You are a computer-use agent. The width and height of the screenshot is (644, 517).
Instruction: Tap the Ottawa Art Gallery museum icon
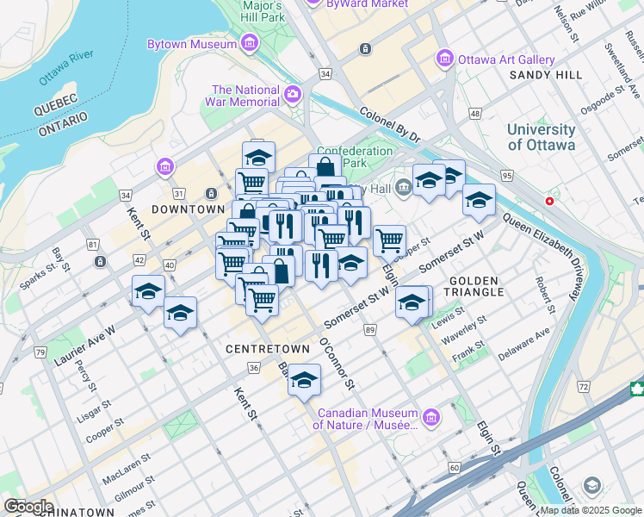click(x=444, y=59)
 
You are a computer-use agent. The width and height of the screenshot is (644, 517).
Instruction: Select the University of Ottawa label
click(x=541, y=137)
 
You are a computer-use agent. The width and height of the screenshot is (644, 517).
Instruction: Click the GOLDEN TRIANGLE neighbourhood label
click(x=474, y=287)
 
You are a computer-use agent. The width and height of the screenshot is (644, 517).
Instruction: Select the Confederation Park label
click(x=355, y=157)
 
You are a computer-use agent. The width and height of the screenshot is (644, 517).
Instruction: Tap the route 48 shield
click(x=474, y=114)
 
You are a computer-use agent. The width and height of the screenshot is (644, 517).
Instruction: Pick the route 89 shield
click(x=370, y=330)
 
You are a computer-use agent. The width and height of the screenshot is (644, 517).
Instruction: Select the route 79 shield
click(x=40, y=352)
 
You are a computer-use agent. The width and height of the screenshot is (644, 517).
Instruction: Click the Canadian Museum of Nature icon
click(x=431, y=419)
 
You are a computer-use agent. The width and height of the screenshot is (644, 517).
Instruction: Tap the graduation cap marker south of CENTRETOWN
click(x=304, y=380)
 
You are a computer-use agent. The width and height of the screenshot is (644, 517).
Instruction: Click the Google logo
click(x=28, y=507)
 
